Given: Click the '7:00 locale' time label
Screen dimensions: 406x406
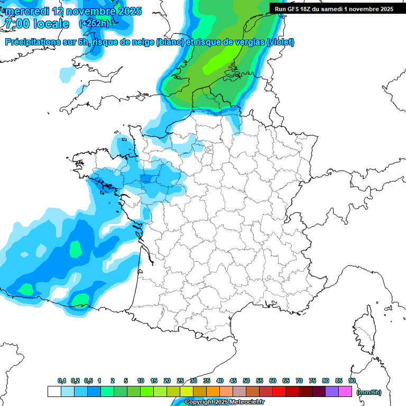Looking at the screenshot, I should point(36,24).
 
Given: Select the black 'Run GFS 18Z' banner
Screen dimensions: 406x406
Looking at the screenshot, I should point(334,9).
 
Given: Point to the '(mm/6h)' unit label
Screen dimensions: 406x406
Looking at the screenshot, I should point(368,392).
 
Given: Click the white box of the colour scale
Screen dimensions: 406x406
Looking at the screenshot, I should point(54,392).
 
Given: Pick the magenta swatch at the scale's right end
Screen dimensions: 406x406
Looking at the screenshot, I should point(345,392).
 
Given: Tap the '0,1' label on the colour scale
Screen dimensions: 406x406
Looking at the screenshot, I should point(61,381).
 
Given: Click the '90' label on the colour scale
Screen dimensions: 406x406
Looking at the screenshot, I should point(352,381).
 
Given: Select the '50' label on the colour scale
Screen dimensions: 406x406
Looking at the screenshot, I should point(246,381).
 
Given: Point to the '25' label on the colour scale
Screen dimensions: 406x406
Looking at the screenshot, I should point(180,381).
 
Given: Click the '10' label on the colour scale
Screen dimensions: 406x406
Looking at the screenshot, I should point(141,381).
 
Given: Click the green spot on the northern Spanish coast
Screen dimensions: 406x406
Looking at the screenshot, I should point(80,301).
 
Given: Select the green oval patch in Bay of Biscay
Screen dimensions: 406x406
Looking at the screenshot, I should point(76,248).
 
